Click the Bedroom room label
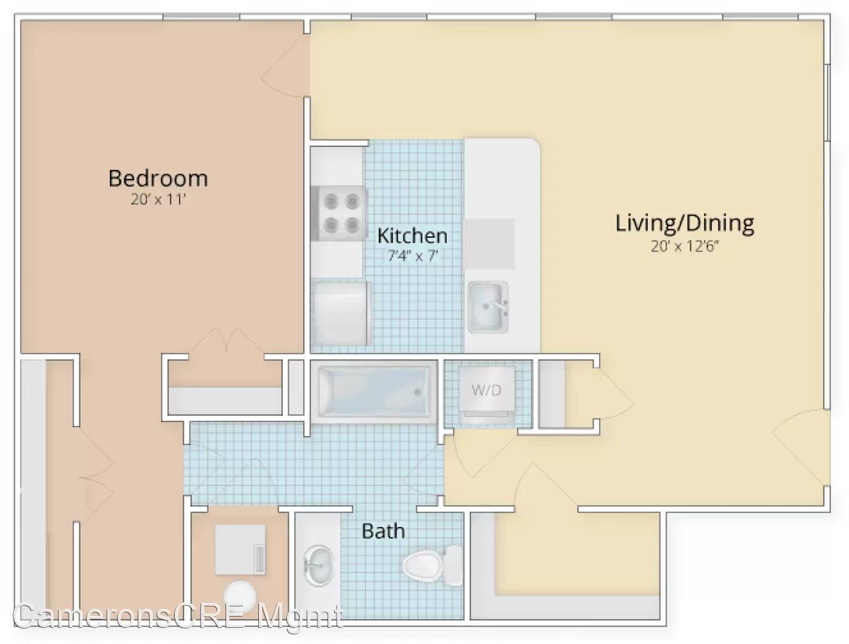point(158,178)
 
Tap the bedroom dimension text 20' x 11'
point(159,200)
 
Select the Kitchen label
point(412,236)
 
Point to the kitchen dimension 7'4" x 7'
point(412,255)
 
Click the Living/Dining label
point(684,224)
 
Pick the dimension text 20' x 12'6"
point(684,246)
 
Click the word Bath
point(383,531)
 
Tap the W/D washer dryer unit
point(487,391)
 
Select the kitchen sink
point(487,307)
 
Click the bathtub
point(373,392)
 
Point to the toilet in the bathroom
point(433,565)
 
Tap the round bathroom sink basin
point(319,566)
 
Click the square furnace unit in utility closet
point(240,549)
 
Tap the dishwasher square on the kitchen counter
point(490,244)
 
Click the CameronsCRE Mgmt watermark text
point(178,616)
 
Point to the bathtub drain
point(418,392)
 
